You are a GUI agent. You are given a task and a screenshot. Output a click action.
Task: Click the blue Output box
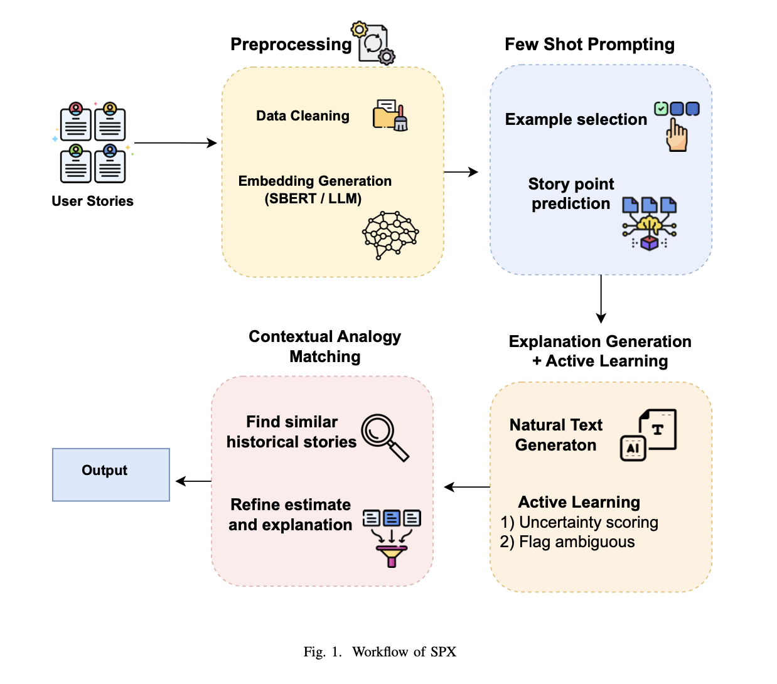[110, 474]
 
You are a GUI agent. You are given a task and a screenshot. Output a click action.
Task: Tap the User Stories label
[92, 201]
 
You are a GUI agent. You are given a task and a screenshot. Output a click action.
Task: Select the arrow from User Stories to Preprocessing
[175, 143]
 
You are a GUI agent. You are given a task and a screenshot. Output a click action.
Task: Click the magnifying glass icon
[384, 437]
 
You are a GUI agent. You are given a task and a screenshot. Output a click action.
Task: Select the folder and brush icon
[390, 115]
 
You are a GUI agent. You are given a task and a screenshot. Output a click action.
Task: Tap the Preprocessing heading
[291, 45]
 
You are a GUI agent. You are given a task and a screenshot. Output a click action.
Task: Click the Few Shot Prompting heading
[589, 45]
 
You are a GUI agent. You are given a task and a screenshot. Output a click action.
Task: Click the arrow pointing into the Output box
[193, 481]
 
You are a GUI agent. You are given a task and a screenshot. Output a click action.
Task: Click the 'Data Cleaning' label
[303, 116]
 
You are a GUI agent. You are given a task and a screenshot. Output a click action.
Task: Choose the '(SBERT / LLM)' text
[313, 199]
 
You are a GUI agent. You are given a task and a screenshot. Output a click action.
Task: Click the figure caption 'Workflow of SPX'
[404, 651]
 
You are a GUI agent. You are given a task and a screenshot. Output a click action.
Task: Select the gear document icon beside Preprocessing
[374, 43]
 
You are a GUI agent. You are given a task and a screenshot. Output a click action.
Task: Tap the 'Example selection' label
[576, 119]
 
